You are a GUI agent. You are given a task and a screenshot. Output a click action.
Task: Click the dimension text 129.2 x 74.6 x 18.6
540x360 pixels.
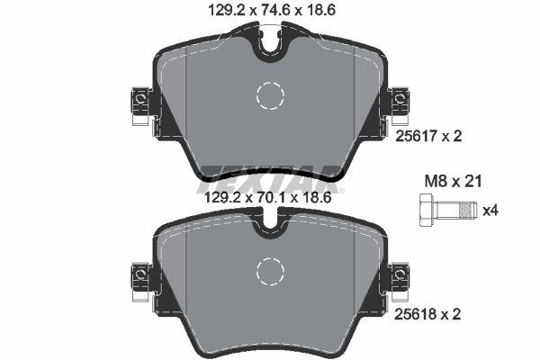click(x=269, y=12)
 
